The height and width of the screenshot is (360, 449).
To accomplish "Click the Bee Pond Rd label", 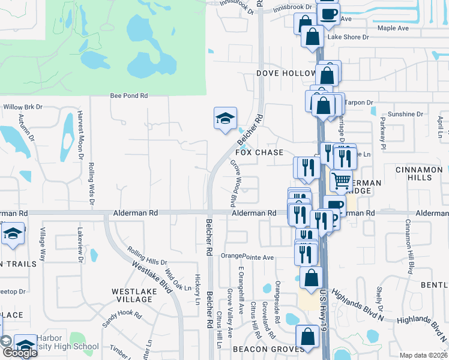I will pyautogui.click(x=129, y=95).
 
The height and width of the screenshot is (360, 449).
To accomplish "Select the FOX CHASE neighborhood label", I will pyautogui.click(x=259, y=152).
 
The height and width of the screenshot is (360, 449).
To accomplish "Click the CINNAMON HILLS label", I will pyautogui.click(x=419, y=175).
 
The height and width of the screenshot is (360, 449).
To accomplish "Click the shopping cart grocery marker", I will pyautogui.click(x=341, y=180).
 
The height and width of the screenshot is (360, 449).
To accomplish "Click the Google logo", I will pyautogui.click(x=20, y=352).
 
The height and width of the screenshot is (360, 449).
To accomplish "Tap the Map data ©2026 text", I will pyautogui.click(x=424, y=355).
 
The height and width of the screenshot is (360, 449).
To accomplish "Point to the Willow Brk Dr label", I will pyautogui.click(x=23, y=107).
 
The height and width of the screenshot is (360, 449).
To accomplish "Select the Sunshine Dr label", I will pyautogui.click(x=405, y=114).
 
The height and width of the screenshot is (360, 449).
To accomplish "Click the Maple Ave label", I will pyautogui.click(x=393, y=28).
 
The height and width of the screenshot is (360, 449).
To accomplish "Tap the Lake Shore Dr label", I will pyautogui.click(x=348, y=37).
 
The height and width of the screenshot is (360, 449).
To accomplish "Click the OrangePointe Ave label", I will pyautogui.click(x=247, y=257).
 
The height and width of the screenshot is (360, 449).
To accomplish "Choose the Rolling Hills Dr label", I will pyautogui.click(x=147, y=257).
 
